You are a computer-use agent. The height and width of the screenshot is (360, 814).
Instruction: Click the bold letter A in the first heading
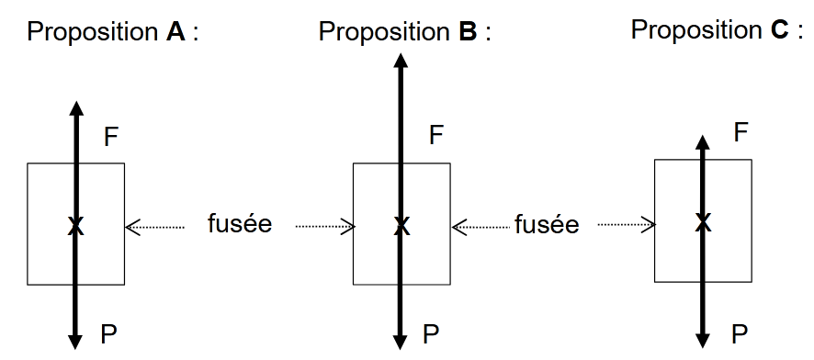[x=174, y=33]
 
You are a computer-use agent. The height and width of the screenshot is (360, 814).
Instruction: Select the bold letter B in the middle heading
[x=467, y=33]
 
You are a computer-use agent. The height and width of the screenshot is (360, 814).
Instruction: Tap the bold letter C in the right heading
[x=780, y=30]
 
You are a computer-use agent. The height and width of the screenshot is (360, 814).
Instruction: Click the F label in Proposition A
[x=111, y=138]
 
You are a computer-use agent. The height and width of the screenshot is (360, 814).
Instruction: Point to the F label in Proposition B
[x=437, y=136]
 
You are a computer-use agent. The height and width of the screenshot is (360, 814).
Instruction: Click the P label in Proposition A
[x=109, y=333]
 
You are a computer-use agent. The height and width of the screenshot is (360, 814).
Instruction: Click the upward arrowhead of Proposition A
[x=76, y=107]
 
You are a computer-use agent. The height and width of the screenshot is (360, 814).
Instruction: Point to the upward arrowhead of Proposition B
[x=401, y=62]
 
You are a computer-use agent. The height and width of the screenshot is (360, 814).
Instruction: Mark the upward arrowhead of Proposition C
[x=703, y=143]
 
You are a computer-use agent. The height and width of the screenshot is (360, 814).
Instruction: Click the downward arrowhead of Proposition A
[x=76, y=342]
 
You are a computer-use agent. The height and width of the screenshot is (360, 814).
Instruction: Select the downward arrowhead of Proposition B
[x=401, y=342]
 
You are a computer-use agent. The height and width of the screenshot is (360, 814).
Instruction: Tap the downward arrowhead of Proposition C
[x=703, y=341]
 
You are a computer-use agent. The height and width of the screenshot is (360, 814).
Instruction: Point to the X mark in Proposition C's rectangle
[x=703, y=221]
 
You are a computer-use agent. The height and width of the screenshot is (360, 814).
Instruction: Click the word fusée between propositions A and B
[x=241, y=224]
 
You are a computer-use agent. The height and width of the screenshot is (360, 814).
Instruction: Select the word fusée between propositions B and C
[x=547, y=224]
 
